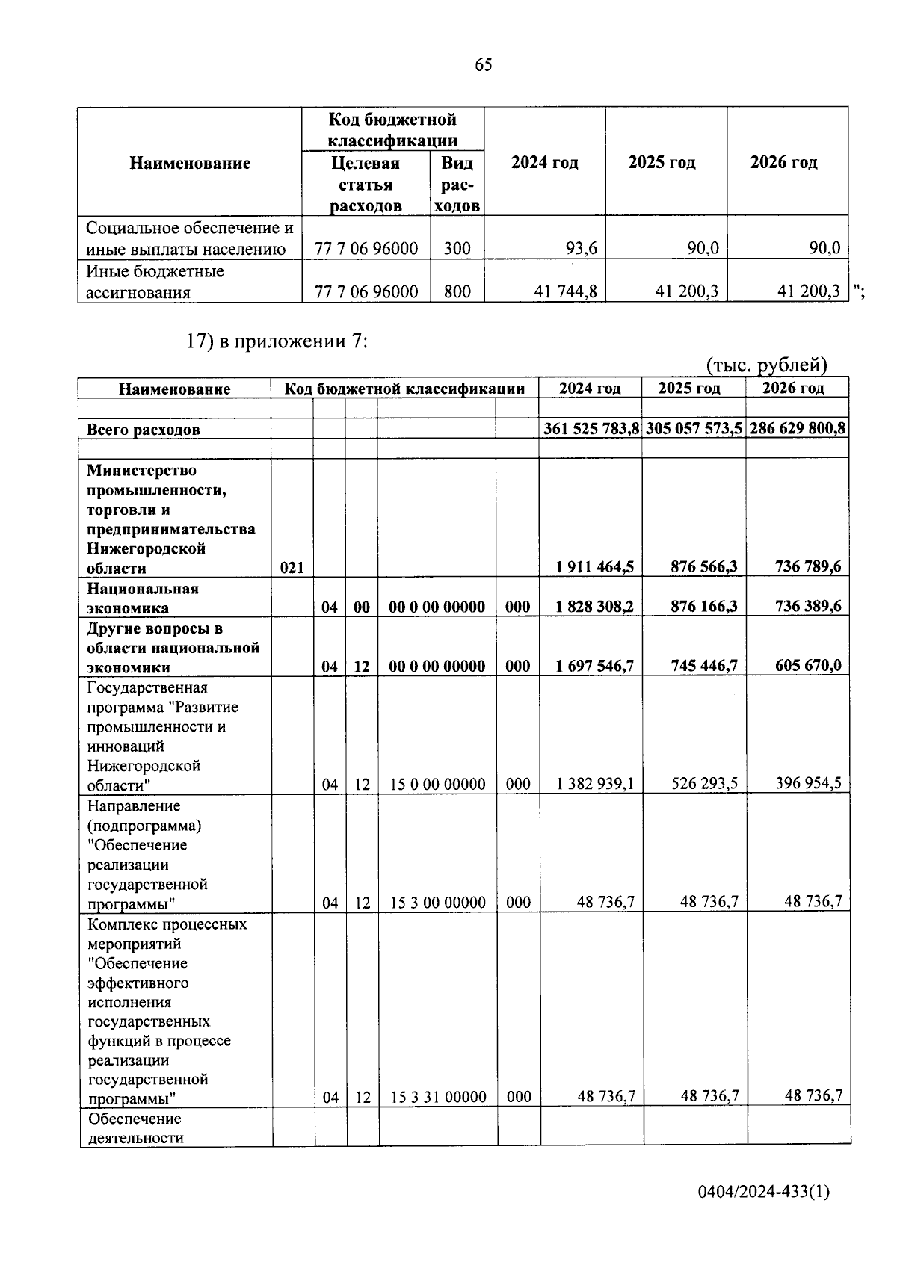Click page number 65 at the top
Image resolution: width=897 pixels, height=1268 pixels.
click(483, 66)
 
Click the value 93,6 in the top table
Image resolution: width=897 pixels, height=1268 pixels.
click(581, 249)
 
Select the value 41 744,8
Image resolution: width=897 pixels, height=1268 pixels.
click(565, 292)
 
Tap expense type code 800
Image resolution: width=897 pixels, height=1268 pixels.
click(457, 292)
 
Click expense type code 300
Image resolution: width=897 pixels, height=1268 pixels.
click(457, 249)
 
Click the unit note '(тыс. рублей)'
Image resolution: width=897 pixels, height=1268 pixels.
click(767, 365)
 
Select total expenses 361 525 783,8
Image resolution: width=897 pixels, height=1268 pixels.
click(591, 429)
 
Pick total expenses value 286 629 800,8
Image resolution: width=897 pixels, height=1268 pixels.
click(797, 429)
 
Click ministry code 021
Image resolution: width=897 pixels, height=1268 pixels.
click(292, 568)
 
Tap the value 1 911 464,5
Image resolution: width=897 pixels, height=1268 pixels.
click(594, 567)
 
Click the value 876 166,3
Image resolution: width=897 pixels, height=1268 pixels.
click(703, 607)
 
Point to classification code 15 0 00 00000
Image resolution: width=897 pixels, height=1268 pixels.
click(437, 785)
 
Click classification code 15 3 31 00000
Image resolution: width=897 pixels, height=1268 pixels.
click(438, 1098)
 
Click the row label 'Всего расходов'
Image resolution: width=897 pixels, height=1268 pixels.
click(143, 430)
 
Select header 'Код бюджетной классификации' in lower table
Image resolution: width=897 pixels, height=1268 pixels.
click(404, 389)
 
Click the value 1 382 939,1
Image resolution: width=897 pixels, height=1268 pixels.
click(595, 784)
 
